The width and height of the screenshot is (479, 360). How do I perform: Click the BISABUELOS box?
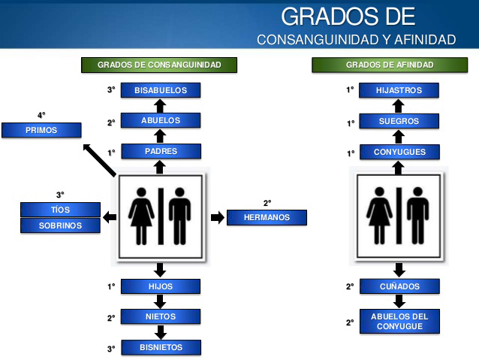coord(160,90)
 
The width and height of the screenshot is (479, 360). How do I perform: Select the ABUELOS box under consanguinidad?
coord(160,120)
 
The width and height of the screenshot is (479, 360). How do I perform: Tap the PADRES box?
coord(160,151)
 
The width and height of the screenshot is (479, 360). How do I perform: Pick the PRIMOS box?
coord(41,130)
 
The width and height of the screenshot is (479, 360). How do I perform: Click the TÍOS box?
coord(60,210)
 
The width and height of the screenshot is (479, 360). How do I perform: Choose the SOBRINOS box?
coord(60,225)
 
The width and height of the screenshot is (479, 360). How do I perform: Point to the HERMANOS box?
coord(267,217)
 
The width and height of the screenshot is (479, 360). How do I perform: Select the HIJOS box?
coord(160,286)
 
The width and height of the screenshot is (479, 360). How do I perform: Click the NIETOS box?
coord(160,317)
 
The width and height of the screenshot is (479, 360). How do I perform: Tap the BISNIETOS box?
coord(160,347)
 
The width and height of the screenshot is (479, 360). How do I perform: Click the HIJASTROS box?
coord(399,90)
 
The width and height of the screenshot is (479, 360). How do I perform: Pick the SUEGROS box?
coord(399,121)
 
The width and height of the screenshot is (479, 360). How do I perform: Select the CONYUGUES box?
coord(399,152)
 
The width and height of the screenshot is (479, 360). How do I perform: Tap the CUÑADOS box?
coord(399,286)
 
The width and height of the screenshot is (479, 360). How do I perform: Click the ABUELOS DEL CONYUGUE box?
coord(399,321)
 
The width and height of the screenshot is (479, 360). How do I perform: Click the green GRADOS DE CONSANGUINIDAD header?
coord(159,65)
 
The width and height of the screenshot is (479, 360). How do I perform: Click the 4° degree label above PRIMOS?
coord(41,115)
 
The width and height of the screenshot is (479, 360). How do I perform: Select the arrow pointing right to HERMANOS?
coord(217,217)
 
